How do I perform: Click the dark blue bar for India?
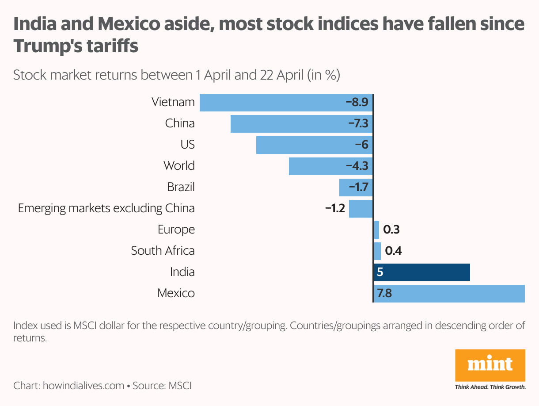coord(422,272)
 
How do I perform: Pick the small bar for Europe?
coord(376,230)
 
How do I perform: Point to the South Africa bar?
coord(377,251)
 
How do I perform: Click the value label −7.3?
coord(358,123)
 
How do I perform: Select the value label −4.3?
coord(357,166)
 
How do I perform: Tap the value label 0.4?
coord(393,251)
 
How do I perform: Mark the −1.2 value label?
coord(335,208)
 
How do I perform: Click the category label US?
coord(187,145)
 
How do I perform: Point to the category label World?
coord(179,166)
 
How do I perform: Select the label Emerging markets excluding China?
coord(106,208)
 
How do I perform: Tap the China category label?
coord(180,123)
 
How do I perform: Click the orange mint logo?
coord(490,366)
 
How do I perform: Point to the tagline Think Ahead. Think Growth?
coord(490,387)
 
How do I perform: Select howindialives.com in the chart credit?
coord(84,385)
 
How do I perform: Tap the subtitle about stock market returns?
coord(176,75)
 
